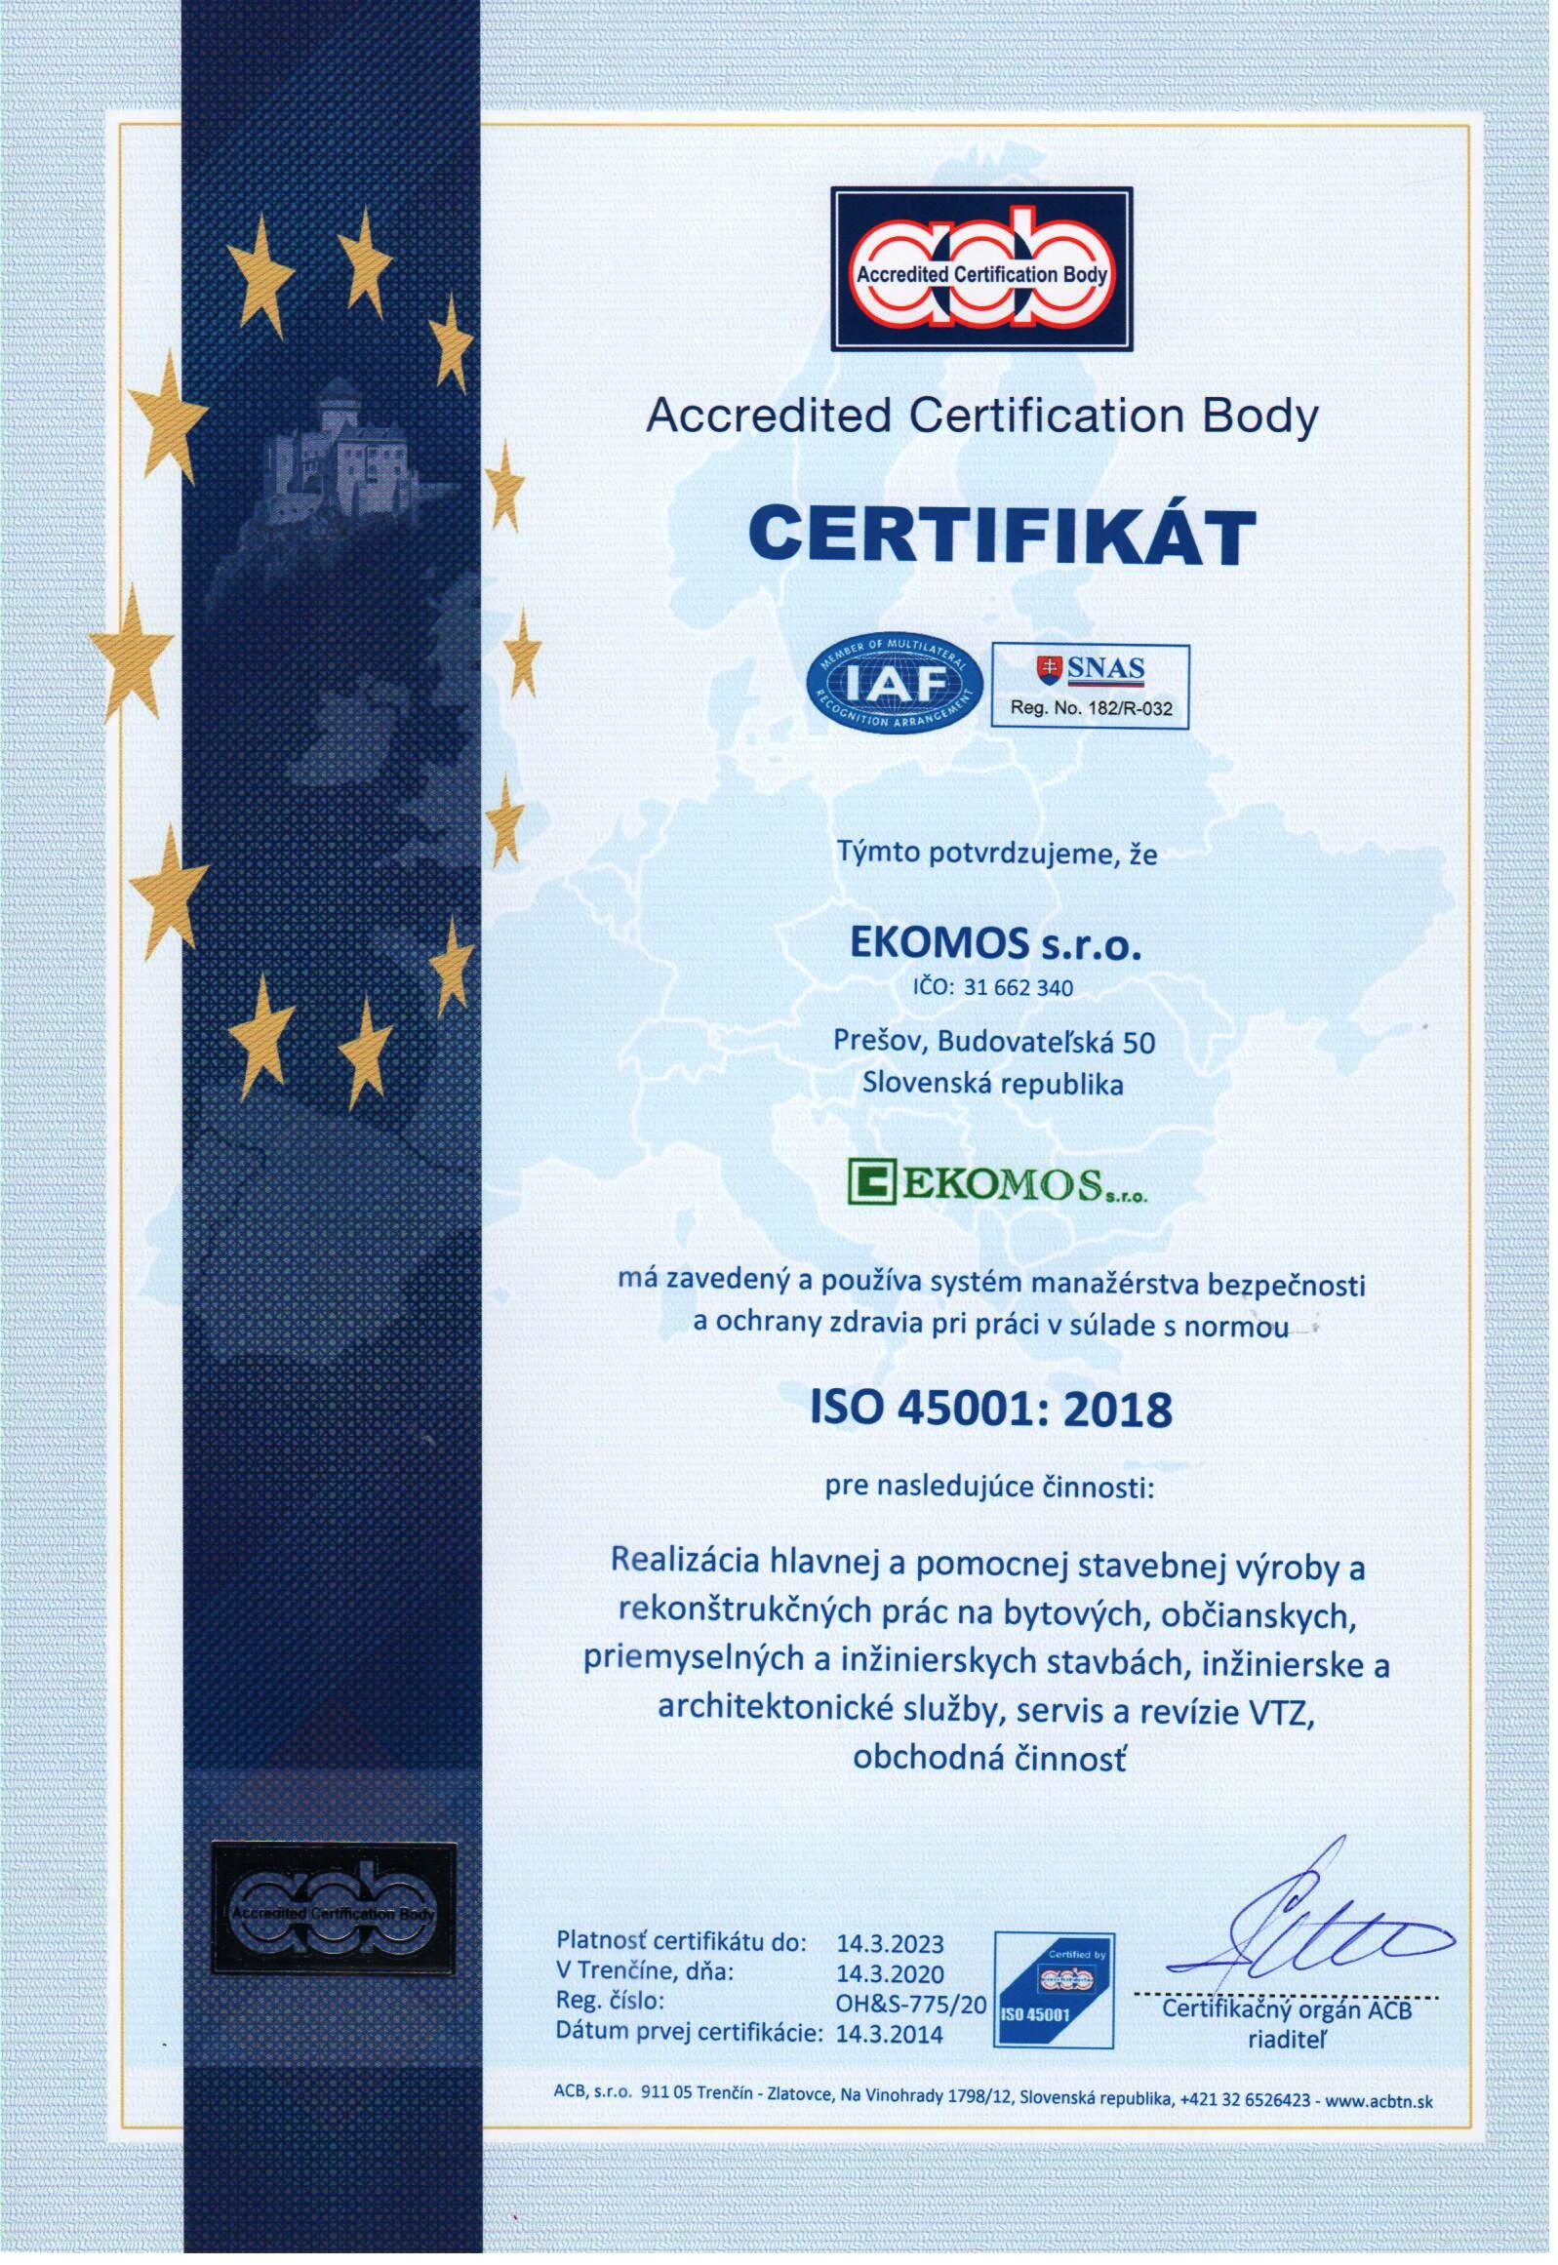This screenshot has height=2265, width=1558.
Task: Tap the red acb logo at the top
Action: (x=986, y=270)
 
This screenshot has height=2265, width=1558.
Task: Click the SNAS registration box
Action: (x=1096, y=688)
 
